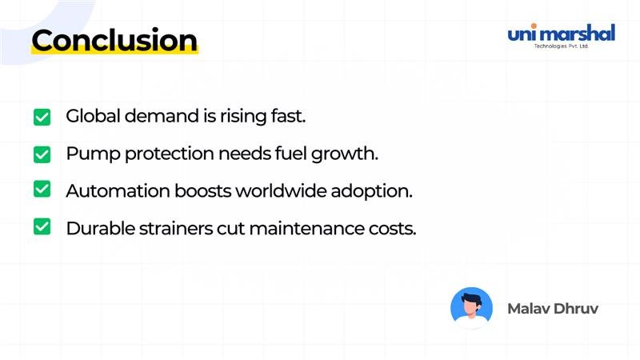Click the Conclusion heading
point(114,40)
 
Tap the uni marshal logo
point(561,34)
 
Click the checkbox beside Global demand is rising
point(42,117)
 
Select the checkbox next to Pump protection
point(42,154)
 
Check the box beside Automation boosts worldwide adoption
point(42,190)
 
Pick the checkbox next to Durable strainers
point(42,227)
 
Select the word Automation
point(117,190)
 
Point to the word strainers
point(172,227)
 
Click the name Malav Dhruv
point(552,308)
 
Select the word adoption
point(377,191)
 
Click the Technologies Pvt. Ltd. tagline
point(561,46)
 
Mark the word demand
point(152,116)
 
